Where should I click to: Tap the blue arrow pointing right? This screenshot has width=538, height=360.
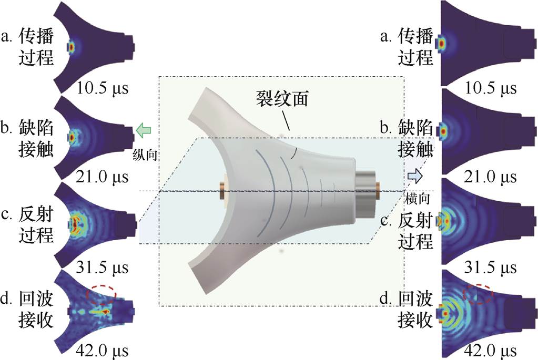414,174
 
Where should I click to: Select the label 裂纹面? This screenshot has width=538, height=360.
277,97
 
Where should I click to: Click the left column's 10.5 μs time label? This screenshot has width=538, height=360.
100,87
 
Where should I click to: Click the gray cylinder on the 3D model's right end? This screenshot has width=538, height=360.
366,192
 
